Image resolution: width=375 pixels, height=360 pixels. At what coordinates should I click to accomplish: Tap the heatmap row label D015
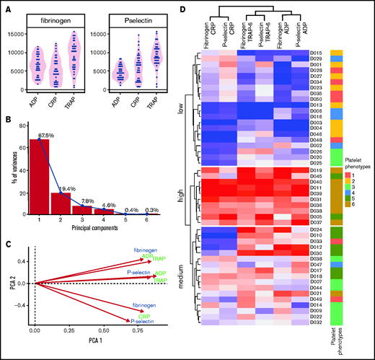tap(316, 53)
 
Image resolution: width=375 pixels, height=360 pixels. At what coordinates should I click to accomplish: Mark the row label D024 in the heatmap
tap(316, 229)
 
